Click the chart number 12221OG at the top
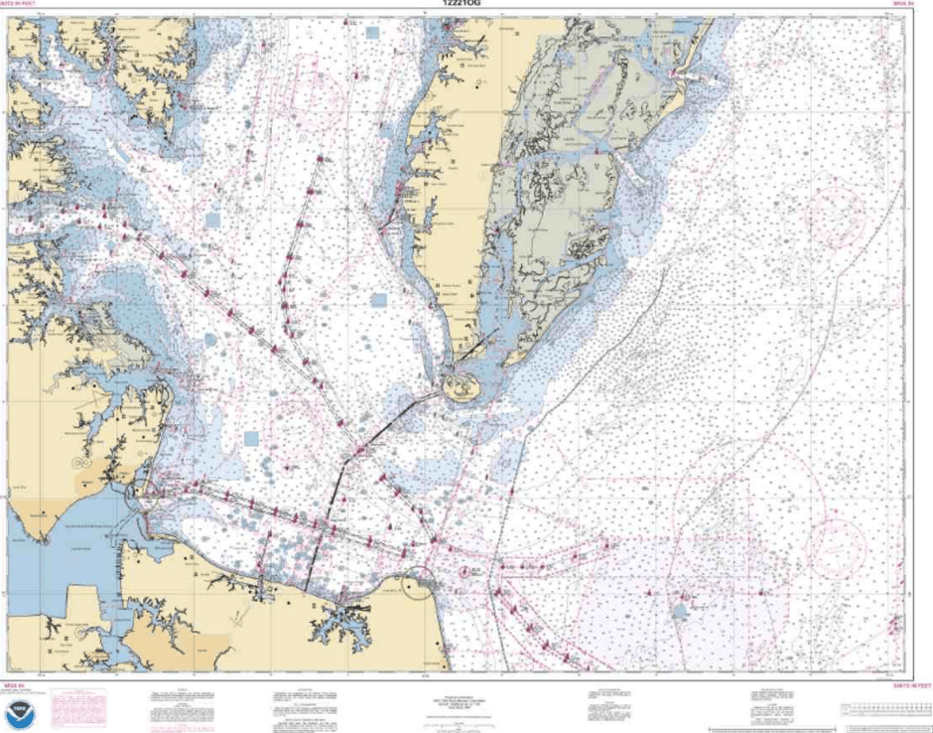click(x=466, y=4)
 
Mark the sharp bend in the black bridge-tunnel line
click(x=341, y=459)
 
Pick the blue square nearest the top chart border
click(x=372, y=33)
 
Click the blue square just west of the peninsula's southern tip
click(x=378, y=300)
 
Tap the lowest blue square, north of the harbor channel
click(x=251, y=437)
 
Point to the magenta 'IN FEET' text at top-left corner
click(x=24, y=5)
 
